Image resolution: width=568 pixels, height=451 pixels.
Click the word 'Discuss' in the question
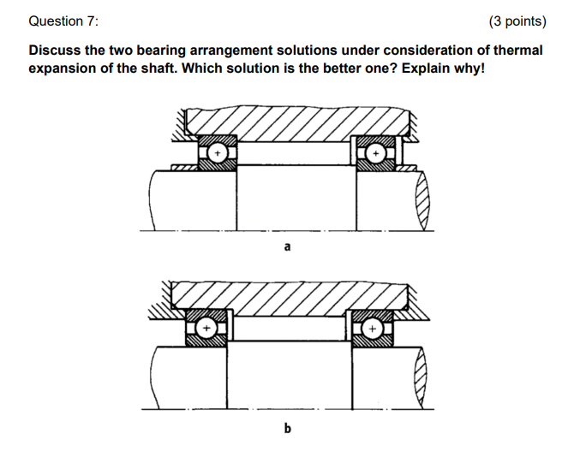pyautogui.click(x=56, y=50)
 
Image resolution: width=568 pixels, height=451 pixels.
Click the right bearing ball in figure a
pyautogui.click(x=374, y=154)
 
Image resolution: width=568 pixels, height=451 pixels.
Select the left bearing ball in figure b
pyautogui.click(x=206, y=328)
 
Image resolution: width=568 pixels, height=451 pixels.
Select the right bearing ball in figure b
pyautogui.click(x=372, y=328)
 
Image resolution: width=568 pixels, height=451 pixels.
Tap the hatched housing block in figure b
pyautogui.click(x=287, y=296)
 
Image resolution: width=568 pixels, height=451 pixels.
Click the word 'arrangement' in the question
pyautogui.click(x=231, y=50)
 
